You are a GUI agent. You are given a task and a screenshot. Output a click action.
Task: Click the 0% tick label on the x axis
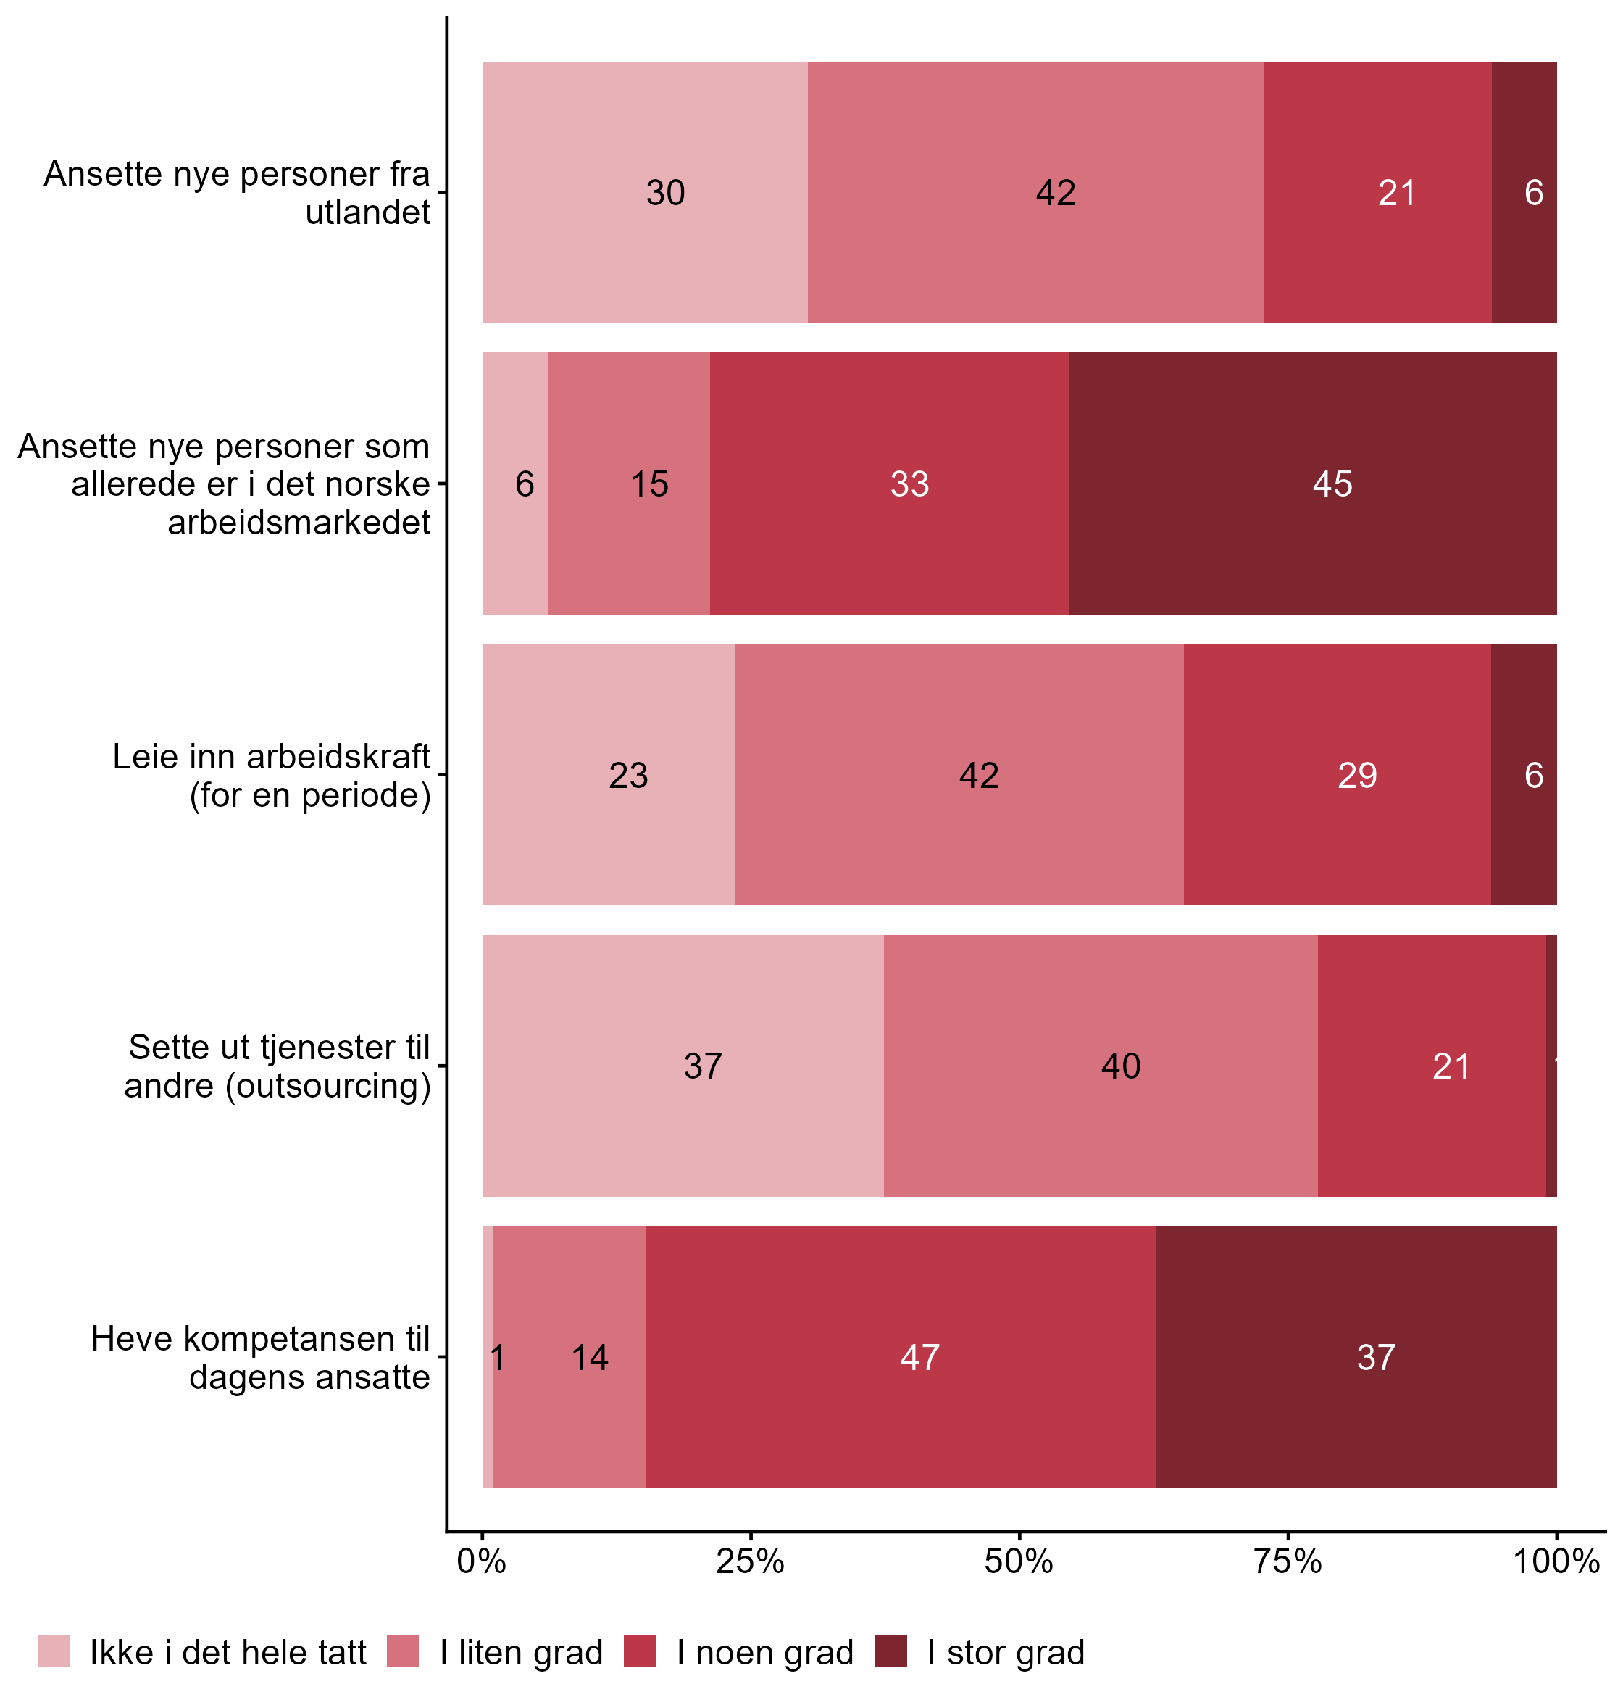click(x=481, y=1563)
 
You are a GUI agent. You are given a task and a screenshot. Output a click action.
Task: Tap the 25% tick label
click(x=750, y=1563)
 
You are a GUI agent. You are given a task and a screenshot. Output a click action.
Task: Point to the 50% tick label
click(x=1019, y=1563)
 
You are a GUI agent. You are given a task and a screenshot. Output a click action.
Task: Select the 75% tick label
click(x=1288, y=1563)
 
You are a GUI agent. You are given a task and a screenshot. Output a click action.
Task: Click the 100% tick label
click(x=1556, y=1563)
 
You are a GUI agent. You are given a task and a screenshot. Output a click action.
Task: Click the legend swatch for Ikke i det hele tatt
click(x=54, y=1651)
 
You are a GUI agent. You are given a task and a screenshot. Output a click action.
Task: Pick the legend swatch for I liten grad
click(x=403, y=1651)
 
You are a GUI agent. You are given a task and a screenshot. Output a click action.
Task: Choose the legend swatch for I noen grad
click(x=641, y=1651)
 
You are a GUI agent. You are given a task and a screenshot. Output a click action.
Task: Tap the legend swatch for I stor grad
click(x=891, y=1651)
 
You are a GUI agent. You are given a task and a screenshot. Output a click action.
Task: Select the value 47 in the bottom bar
click(x=919, y=1358)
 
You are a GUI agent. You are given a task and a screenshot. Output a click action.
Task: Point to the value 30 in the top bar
click(x=665, y=193)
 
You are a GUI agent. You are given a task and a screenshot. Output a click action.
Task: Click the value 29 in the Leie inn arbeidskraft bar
click(x=1357, y=776)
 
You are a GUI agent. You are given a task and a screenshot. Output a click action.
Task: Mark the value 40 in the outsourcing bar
click(x=1120, y=1066)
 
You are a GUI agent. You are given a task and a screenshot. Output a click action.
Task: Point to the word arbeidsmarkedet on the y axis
click(x=299, y=523)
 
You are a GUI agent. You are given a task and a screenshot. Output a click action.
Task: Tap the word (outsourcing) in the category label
click(x=329, y=1086)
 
